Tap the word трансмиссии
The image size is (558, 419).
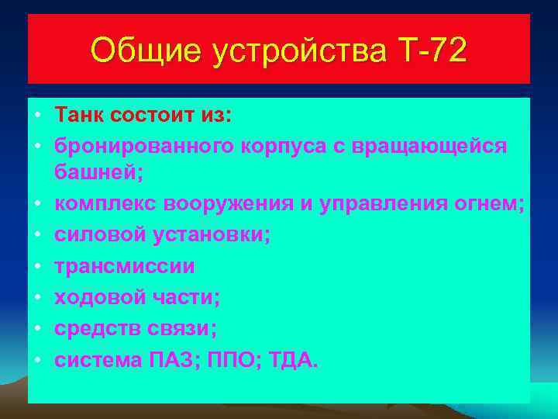(x=125, y=266)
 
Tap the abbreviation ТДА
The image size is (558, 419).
(x=294, y=359)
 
